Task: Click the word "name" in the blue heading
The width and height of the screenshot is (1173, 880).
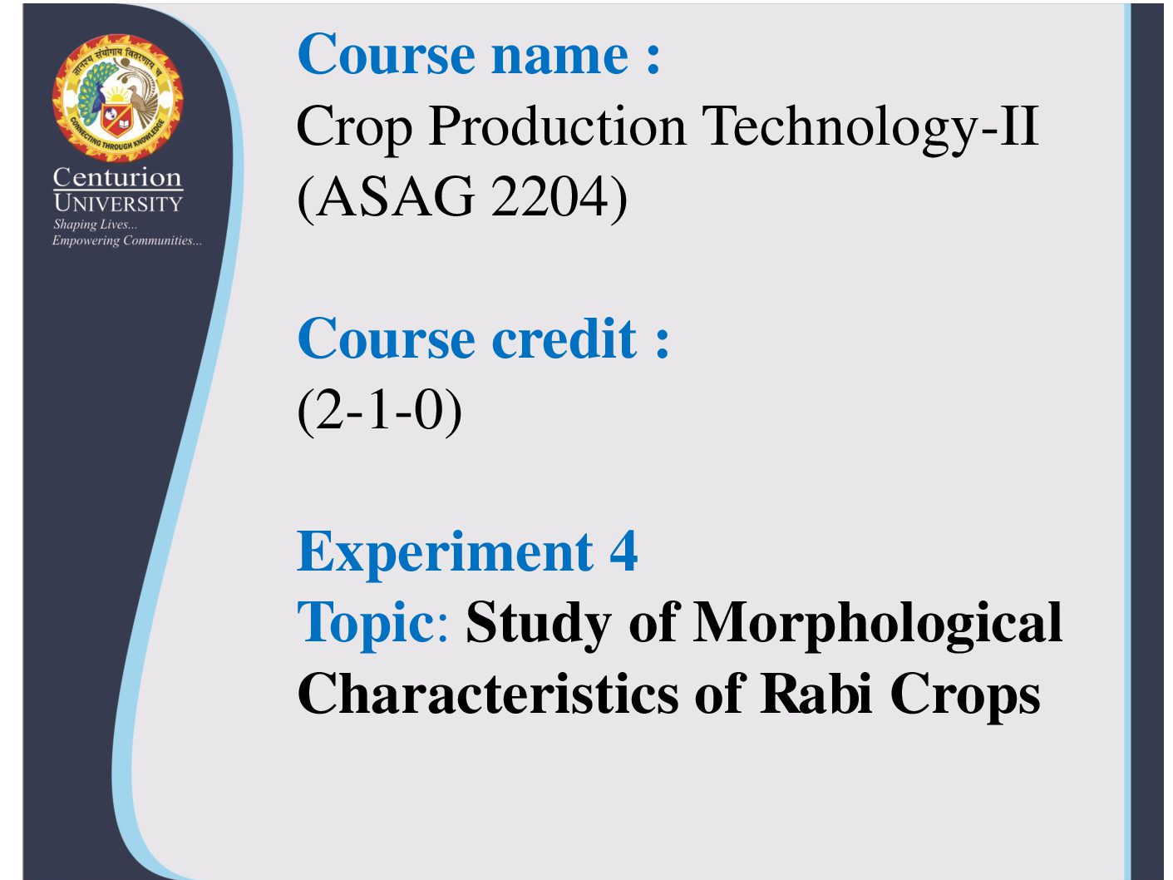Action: coord(559,55)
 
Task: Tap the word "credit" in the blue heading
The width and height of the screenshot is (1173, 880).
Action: coord(564,339)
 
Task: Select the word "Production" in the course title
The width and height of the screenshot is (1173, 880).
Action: coord(557,128)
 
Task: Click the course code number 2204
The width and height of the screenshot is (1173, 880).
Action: coord(550,196)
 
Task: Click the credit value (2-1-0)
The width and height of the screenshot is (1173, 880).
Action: coord(379,410)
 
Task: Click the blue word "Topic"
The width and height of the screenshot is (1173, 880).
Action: coord(367,624)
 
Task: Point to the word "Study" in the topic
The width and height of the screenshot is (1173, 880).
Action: coord(539,624)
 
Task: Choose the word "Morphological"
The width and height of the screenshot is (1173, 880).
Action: coord(878,624)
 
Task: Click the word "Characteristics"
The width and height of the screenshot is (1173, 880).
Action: coord(488,694)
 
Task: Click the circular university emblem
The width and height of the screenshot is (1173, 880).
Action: coord(118,98)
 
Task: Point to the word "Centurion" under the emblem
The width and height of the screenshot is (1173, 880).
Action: coord(117,177)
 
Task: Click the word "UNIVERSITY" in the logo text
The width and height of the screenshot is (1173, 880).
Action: coord(118,204)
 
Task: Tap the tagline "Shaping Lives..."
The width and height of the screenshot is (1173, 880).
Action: coord(95,225)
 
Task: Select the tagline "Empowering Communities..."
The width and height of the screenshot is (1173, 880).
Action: coord(127,241)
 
